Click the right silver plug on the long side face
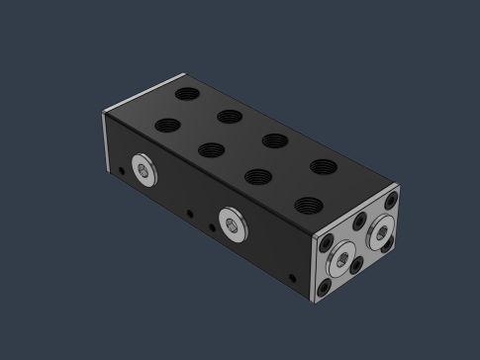(x=234, y=225)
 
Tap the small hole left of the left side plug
(x=122, y=171)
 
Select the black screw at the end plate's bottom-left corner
(x=326, y=288)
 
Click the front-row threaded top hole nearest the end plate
(x=306, y=206)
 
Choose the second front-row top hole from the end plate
(x=257, y=178)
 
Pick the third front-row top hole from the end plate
(x=211, y=151)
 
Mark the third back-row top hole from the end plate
(x=230, y=117)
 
